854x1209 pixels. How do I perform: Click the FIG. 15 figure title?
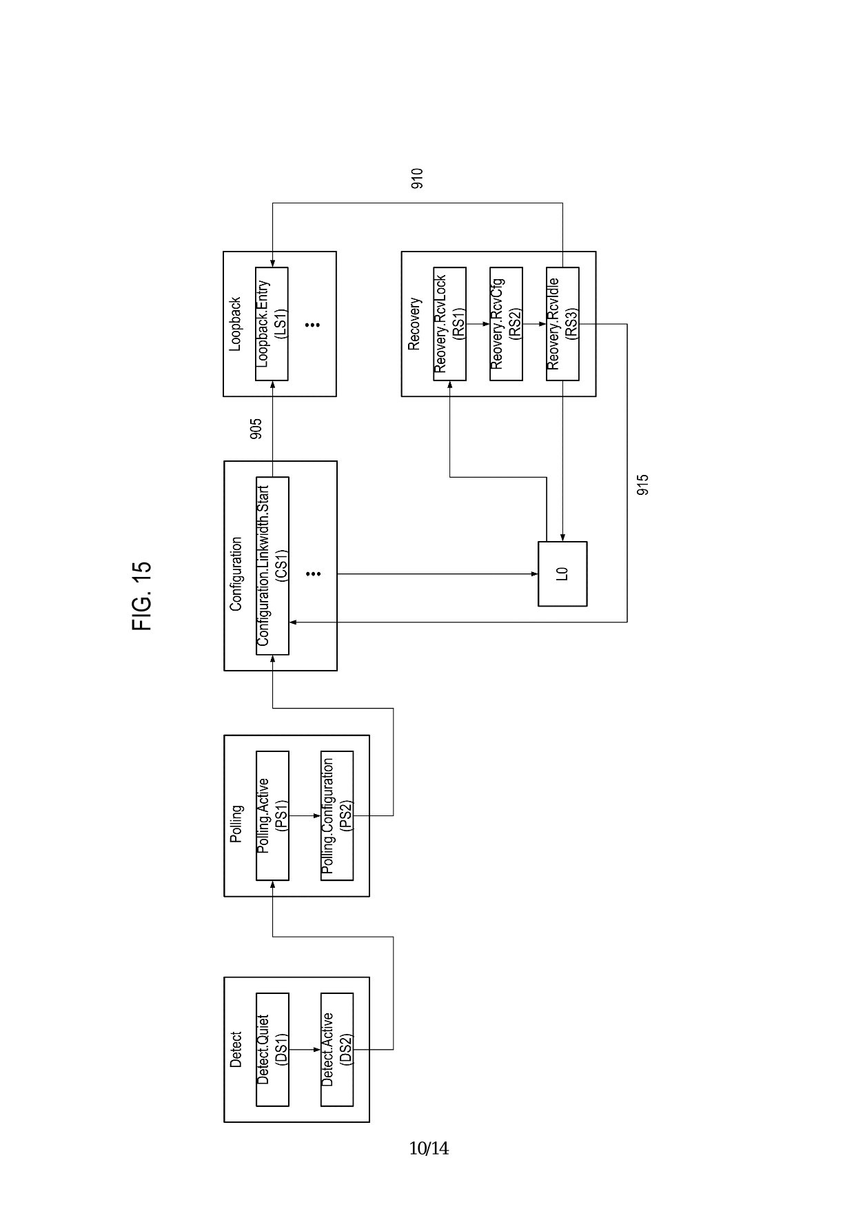click(141, 596)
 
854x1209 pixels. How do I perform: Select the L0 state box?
click(562, 573)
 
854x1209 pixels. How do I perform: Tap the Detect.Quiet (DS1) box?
click(272, 1049)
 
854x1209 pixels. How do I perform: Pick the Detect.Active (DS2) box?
click(337, 1049)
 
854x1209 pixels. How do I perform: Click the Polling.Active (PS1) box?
click(272, 815)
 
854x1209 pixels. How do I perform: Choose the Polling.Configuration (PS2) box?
click(337, 815)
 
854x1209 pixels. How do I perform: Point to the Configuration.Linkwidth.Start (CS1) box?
click(272, 565)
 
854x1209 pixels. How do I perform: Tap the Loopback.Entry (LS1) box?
click(272, 323)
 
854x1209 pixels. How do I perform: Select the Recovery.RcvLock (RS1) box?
click(449, 323)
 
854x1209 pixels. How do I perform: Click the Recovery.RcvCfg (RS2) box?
click(506, 323)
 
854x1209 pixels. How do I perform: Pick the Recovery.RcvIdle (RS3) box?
click(562, 323)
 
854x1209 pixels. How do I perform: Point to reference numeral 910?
click(417, 179)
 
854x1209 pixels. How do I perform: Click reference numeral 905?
click(256, 429)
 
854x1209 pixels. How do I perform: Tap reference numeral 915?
click(642, 485)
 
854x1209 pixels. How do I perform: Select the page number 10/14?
click(429, 1148)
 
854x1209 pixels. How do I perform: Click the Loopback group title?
click(235, 324)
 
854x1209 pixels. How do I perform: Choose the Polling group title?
click(236, 824)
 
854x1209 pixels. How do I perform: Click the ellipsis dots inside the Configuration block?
click(313, 573)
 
